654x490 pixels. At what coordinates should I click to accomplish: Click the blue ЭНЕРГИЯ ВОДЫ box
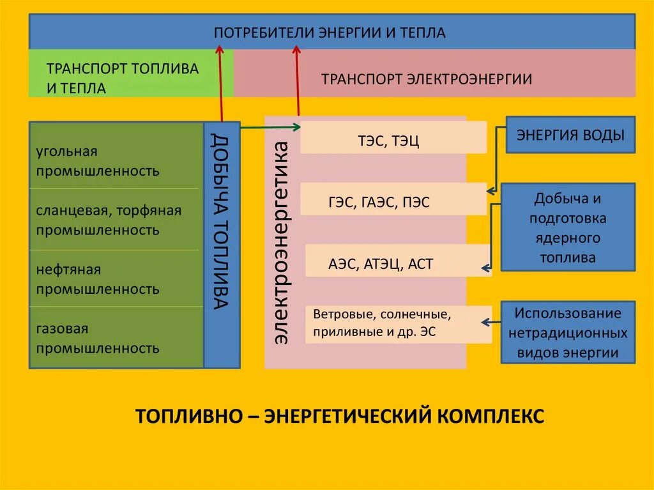pos(570,135)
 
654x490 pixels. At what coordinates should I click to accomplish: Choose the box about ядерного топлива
pos(568,227)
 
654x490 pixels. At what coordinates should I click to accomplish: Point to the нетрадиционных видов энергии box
pos(568,333)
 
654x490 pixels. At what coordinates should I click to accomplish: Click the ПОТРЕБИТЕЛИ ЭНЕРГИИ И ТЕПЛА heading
pos(330,32)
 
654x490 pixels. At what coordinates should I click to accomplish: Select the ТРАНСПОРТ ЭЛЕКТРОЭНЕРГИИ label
pos(427,79)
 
